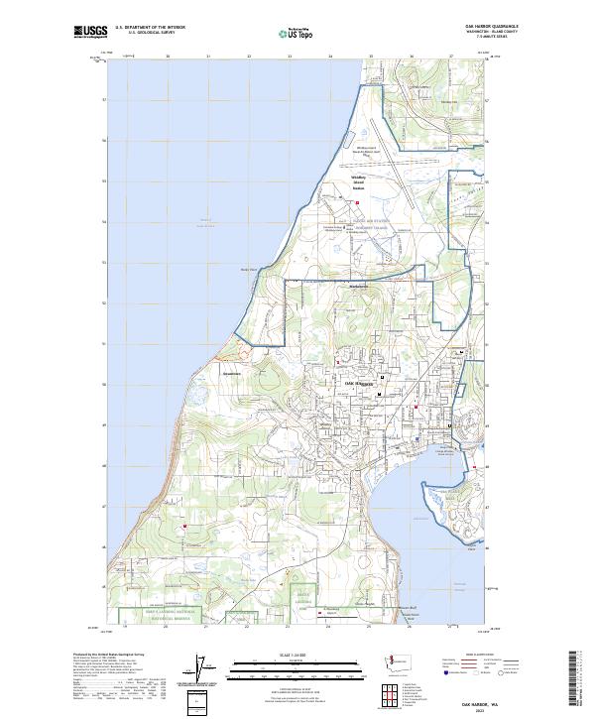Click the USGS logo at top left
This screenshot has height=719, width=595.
pyautogui.click(x=90, y=33)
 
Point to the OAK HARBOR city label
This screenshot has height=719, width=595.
pyautogui.click(x=356, y=382)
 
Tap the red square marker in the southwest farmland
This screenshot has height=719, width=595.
pyautogui.click(x=184, y=526)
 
